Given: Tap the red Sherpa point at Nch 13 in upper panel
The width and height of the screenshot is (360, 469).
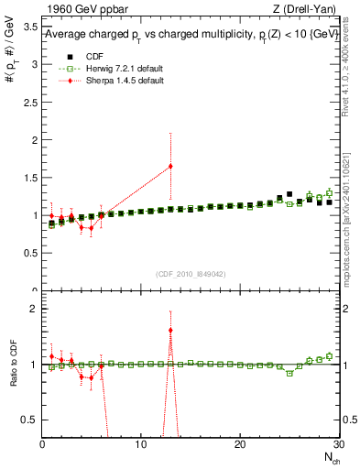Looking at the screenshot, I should [170, 166].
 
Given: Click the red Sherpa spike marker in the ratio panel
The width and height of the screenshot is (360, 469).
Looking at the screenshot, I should [170, 330].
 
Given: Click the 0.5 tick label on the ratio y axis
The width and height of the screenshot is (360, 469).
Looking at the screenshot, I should [29, 420].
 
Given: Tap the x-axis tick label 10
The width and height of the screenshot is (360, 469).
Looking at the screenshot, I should [140, 444].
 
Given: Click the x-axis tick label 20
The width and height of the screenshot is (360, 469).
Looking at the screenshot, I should [239, 444].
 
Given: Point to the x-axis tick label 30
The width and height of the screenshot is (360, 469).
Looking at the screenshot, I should [337, 444].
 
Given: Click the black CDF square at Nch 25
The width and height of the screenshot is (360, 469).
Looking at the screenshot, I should [289, 194].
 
